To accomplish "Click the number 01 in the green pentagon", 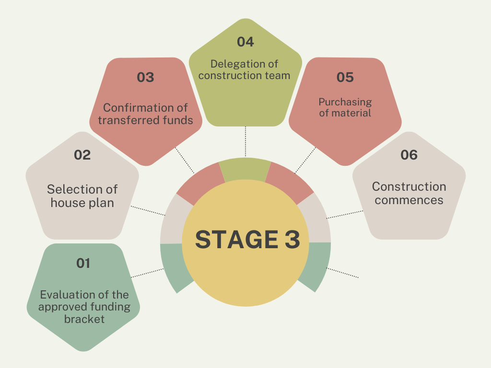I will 83,263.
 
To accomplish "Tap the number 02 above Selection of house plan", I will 82,155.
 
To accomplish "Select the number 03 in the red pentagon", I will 145,77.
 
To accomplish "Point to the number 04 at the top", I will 245,42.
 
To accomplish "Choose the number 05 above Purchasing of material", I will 345,77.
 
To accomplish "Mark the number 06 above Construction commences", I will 409,155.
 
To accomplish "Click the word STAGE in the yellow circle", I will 230,240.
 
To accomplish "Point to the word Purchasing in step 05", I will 345,102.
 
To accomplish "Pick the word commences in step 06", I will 409,200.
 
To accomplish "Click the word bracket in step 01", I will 84,319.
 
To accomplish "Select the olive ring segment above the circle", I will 245,169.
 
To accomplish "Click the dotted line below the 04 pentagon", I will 245,141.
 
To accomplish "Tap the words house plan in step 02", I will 82,203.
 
